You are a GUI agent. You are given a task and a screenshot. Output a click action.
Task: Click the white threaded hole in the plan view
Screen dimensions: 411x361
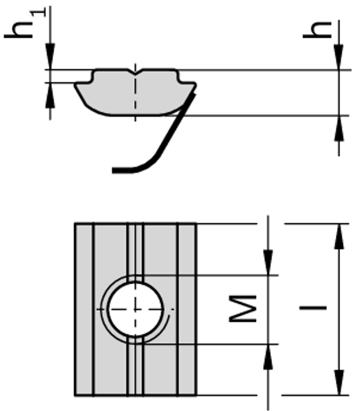point(135,309)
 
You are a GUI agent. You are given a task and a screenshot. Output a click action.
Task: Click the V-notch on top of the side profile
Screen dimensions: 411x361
point(135,73)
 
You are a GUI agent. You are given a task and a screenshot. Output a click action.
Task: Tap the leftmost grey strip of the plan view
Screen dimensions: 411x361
point(84,309)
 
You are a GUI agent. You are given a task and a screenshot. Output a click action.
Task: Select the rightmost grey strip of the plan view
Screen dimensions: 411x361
point(187,309)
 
